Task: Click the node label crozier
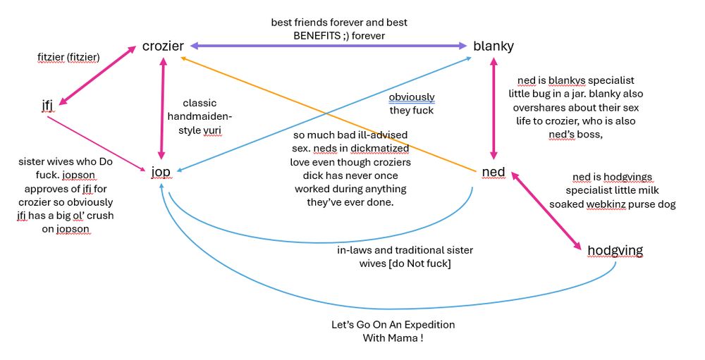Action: pos(163,46)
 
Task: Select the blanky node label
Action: pos(493,46)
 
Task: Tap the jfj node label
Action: pos(48,106)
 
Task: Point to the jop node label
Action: pos(161,171)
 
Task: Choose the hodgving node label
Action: pos(615,250)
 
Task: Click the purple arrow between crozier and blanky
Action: pos(329,46)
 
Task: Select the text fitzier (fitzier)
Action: pos(69,56)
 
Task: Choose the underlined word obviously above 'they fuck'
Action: pos(412,97)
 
